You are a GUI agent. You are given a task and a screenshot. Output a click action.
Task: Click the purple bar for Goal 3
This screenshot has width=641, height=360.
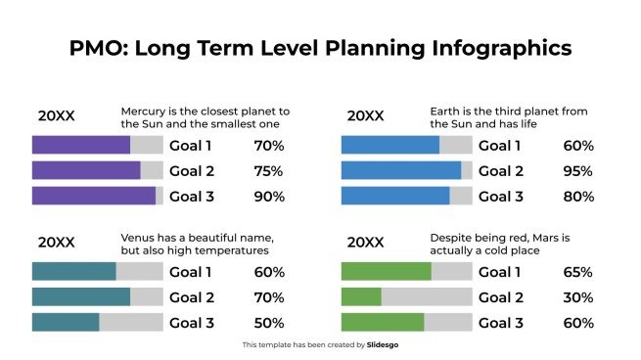(x=94, y=196)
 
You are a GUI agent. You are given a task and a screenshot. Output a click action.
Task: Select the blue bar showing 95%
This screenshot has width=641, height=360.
(x=401, y=170)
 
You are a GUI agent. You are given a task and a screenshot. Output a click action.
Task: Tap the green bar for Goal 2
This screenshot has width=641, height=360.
(x=361, y=297)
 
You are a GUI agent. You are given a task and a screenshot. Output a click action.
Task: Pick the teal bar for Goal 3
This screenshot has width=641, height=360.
(x=66, y=323)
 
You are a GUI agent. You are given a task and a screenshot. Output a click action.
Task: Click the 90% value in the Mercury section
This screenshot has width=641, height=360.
(x=269, y=196)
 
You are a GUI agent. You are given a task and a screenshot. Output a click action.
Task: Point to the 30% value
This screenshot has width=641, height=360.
(x=578, y=297)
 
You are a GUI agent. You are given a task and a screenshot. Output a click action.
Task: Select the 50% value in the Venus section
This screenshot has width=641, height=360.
(x=269, y=323)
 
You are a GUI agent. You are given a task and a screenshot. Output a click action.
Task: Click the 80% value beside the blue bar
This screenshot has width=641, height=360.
(x=578, y=196)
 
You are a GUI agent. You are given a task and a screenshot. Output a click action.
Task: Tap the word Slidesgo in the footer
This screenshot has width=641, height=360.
(x=385, y=344)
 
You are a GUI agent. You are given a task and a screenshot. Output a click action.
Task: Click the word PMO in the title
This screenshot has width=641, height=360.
(x=96, y=47)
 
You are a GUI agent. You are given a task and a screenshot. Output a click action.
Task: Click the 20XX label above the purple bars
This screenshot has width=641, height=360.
(x=56, y=115)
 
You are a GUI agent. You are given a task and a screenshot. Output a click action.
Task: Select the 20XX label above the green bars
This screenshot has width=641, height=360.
(x=365, y=242)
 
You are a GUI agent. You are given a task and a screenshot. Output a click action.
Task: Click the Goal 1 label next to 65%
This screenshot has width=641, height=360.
(x=499, y=272)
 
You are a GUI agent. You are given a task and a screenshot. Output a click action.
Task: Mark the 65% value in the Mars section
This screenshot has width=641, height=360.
(x=578, y=272)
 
